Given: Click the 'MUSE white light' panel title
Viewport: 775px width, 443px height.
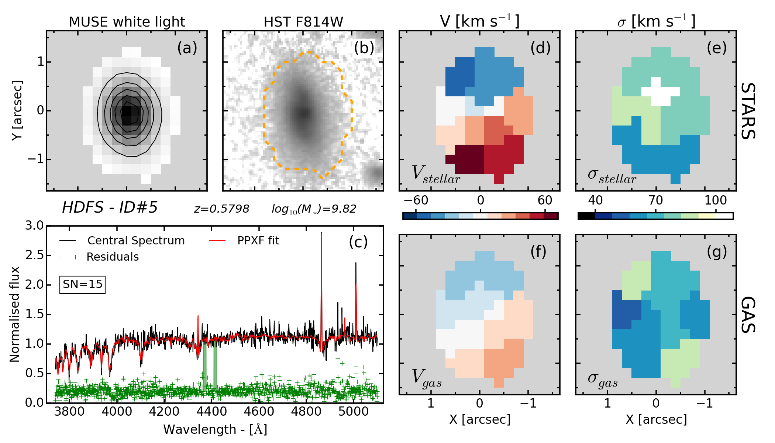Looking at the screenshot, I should [x=127, y=22].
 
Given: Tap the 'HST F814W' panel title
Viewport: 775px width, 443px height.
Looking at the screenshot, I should [x=303, y=22].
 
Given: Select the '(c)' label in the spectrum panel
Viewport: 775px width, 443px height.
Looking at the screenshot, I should [x=358, y=242].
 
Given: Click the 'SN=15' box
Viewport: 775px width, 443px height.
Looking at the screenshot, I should [x=83, y=284].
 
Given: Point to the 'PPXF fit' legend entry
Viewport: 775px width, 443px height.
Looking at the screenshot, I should [x=258, y=241].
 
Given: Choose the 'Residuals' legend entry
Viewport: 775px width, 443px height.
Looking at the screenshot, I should [x=113, y=257].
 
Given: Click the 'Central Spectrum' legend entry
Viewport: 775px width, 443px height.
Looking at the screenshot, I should [x=136, y=241].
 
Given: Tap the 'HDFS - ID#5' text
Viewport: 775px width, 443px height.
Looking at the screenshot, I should [x=110, y=207].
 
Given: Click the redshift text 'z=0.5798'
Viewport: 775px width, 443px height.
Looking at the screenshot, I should [x=221, y=209].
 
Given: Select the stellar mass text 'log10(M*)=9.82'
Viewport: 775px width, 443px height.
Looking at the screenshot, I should [x=314, y=209].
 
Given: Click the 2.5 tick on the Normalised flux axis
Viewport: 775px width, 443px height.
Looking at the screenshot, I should [x=34, y=255].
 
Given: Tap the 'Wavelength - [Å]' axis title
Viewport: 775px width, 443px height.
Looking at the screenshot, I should [x=215, y=430].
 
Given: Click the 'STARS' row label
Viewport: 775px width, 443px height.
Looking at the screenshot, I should [x=748, y=111].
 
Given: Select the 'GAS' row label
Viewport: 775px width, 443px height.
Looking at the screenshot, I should [x=748, y=315].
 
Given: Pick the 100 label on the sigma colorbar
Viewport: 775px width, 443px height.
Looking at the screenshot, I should [x=715, y=200].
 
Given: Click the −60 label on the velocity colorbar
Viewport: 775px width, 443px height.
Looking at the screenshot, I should [x=416, y=200].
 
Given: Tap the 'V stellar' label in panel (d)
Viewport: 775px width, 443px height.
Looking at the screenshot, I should [x=435, y=174].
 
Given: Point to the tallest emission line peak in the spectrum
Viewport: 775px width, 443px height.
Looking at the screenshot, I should [x=321, y=234].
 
